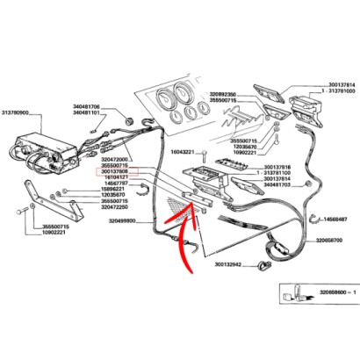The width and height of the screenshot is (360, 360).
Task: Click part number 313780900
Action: (18, 114)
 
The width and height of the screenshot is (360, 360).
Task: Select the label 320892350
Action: (226, 93)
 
